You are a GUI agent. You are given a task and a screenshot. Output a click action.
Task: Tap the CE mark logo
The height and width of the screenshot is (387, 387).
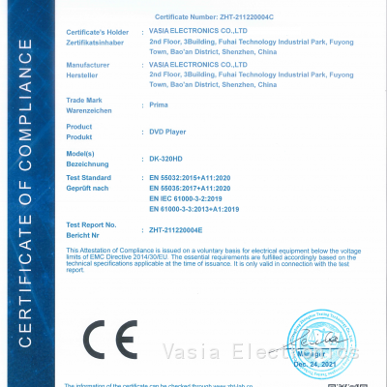coord(104,342)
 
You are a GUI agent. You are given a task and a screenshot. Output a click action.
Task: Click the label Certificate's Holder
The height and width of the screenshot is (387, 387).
coord(95,34)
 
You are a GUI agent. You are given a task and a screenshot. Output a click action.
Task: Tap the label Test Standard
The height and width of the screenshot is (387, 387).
coord(89,179)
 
